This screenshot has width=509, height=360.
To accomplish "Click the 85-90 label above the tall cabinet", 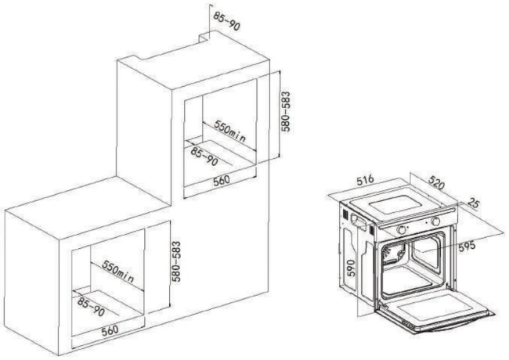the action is (227, 21).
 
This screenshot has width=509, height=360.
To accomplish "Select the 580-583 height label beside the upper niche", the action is (286, 111).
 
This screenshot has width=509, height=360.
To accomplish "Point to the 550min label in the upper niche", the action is (229, 131).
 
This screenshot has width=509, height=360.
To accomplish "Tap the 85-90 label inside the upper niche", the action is (204, 157).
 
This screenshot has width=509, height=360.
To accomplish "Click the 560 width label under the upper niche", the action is (222, 181).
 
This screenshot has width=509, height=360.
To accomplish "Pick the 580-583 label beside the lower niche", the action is (176, 261).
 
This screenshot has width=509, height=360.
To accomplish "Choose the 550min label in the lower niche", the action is (117, 271).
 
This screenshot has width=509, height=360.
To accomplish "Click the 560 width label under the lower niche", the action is (110, 331).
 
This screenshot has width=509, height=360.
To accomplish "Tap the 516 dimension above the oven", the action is (366, 180).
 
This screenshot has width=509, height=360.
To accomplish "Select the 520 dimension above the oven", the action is (436, 182).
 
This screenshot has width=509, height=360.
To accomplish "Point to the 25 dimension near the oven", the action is (473, 203).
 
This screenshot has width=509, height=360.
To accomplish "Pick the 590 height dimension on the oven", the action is (351, 268).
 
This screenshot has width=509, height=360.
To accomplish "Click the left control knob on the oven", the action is (402, 229).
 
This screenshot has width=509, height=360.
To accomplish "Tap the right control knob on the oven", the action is (435, 221).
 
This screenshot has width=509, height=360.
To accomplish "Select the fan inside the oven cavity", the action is (393, 254).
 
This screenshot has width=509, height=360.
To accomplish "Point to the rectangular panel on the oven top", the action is (394, 206).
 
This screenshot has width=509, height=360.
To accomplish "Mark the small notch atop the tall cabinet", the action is (204, 38).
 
